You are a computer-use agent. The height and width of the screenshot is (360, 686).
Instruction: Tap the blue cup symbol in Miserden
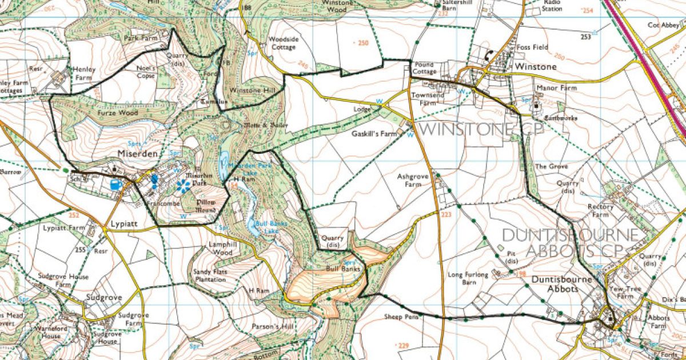coord(115,185)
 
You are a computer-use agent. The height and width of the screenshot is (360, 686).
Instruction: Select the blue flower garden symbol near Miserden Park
coord(183,185)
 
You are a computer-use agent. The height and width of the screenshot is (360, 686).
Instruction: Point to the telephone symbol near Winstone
coord(488,55)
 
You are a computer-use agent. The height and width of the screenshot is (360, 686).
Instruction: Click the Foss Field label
coord(532,47)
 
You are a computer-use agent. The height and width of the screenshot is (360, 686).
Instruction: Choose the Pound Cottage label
coord(424,68)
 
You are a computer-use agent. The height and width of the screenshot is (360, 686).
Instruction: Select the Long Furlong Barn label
coord(469,278)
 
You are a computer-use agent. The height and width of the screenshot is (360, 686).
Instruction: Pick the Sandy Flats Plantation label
coord(210,275)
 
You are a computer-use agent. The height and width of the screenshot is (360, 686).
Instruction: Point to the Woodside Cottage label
coord(284,43)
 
